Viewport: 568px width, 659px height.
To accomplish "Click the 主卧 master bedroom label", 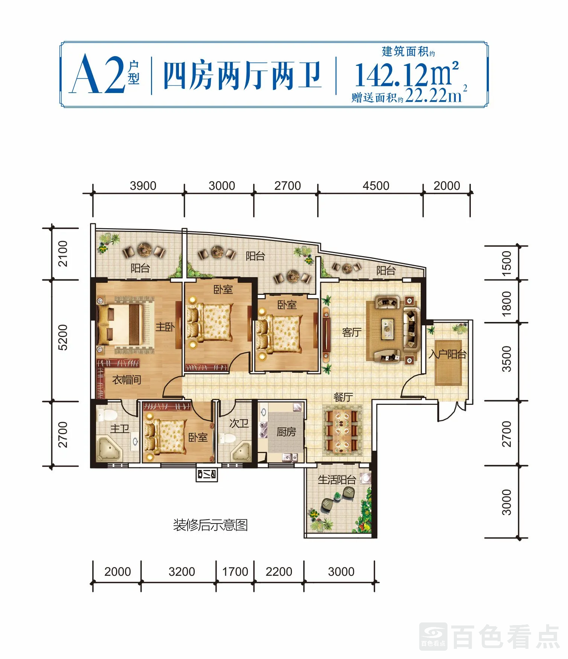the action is click(165, 326).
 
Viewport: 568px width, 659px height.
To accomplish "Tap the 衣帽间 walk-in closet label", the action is click(127, 380).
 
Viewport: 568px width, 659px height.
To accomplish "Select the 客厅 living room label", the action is click(351, 332).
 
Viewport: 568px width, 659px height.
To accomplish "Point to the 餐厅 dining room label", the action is click(343, 397).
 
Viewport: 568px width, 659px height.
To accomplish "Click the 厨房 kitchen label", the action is click(286, 432).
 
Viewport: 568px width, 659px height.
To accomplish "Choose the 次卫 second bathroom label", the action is click(239, 423).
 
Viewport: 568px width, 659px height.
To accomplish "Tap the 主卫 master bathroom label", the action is click(120, 429).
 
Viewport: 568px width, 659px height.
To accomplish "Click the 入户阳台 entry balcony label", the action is click(448, 354).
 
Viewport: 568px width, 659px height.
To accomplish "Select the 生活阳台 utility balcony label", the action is click(337, 479).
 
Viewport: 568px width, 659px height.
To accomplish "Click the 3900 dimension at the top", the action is click(143, 186).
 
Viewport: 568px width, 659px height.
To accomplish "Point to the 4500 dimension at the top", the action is click(376, 186).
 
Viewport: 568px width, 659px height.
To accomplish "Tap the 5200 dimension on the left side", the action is click(63, 337).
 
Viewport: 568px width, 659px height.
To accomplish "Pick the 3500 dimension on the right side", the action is click(507, 359).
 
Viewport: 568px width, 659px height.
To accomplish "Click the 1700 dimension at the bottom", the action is click(235, 572).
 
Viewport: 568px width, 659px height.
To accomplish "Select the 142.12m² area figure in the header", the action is click(407, 74).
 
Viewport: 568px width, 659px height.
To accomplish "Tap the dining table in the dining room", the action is click(342, 431).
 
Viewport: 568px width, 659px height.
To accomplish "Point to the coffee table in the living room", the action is click(388, 326).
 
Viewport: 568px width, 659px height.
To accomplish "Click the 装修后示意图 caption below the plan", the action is click(210, 525).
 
